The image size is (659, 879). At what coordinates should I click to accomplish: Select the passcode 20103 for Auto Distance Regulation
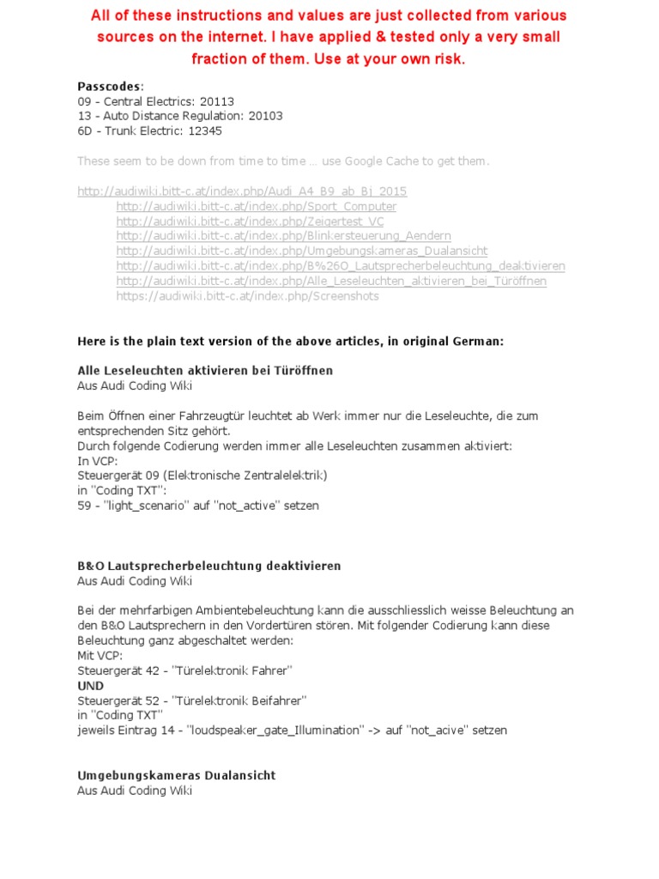pos(265,116)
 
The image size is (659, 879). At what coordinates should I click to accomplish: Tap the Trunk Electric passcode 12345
pos(205,130)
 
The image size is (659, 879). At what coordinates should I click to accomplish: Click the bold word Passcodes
pos(110,87)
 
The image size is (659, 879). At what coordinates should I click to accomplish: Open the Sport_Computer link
pos(257,207)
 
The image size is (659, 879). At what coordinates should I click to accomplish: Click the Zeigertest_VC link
pos(251,221)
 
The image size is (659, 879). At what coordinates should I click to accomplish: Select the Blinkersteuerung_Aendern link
pos(283,236)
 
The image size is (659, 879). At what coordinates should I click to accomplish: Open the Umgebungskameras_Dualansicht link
pos(302,251)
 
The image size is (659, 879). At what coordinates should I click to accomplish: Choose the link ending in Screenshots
pos(247,296)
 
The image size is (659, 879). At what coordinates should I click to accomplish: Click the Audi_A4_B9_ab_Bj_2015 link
pos(242,191)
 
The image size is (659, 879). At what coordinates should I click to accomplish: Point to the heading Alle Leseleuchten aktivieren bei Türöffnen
pos(205,371)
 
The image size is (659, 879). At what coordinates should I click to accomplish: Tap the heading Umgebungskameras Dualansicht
pos(177,775)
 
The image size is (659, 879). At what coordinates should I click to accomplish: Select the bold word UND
pos(90,686)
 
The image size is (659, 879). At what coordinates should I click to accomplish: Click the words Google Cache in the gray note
pos(384,161)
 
